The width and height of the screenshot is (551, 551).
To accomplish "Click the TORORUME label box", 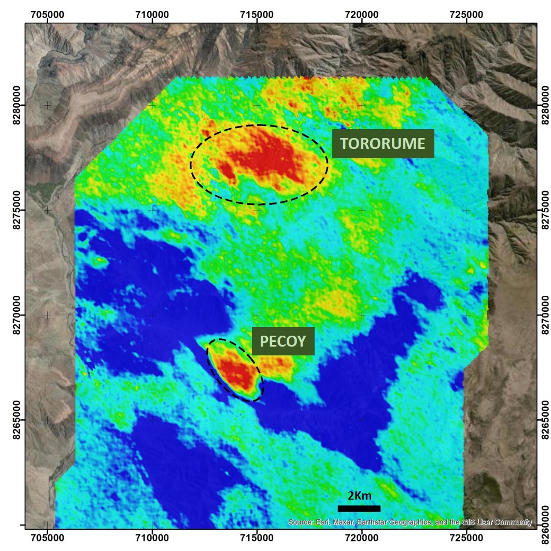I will [x=383, y=144].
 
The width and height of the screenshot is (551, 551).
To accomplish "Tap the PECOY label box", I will [x=283, y=341].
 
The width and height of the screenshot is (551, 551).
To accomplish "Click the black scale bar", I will [x=359, y=508].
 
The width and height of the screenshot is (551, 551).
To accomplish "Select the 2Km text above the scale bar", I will [x=359, y=496].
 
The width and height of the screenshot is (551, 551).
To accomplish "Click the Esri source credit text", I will [x=410, y=522].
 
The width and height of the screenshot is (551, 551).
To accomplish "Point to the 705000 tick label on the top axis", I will [x=48, y=14].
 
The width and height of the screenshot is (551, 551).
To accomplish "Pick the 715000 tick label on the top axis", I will [x=257, y=14].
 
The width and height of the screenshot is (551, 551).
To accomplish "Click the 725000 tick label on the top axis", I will [x=467, y=14].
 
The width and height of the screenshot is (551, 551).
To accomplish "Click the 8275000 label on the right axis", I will [x=544, y=210].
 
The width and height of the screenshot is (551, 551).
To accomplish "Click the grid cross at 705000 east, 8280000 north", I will [x=48, y=105].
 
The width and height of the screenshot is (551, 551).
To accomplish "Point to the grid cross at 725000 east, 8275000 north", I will [x=467, y=210].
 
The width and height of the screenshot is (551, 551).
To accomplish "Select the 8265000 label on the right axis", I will [x=544, y=419].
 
